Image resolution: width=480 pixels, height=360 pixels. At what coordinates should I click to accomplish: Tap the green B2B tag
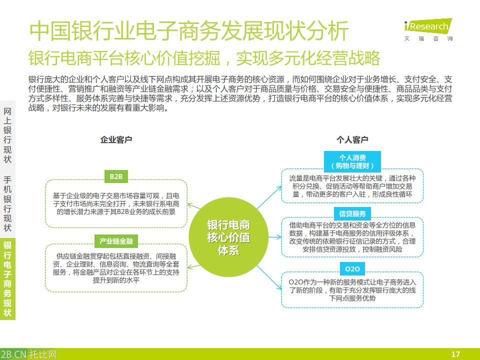pos(116,176)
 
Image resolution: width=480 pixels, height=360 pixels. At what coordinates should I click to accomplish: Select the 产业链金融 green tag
pos(116,241)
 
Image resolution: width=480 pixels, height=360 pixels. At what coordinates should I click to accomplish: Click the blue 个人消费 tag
pos(352,161)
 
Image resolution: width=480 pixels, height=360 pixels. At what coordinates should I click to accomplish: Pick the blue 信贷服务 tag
pos(352,214)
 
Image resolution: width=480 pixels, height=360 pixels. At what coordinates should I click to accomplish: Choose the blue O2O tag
pos(352,268)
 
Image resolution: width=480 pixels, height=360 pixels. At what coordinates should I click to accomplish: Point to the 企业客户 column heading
pos(116,140)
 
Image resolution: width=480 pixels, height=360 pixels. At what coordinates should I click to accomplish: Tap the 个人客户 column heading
pos(352,140)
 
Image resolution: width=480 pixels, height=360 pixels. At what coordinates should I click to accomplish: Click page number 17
pos(455,354)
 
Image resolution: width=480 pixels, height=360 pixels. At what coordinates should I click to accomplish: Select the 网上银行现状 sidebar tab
pos(7,135)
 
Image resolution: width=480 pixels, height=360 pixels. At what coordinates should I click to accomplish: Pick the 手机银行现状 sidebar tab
pos(7,203)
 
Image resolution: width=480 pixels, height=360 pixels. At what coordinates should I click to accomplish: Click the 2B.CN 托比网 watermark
pos(28,354)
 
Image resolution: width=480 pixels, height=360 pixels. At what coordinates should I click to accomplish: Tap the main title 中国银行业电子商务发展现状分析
pos(189,32)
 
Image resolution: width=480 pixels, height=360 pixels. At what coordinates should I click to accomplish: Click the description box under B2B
pos(116,203)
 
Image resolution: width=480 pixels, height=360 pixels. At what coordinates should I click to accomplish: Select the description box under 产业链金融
pos(116,268)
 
